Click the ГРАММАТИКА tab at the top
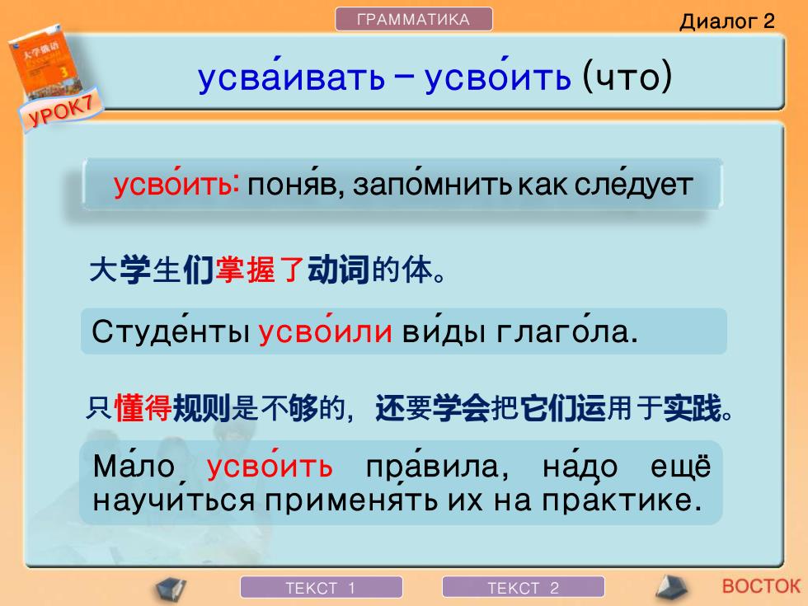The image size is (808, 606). tap(413, 20)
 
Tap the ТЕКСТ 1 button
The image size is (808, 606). tap(321, 587)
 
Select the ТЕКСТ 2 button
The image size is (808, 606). tap(523, 587)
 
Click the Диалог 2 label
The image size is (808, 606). tap(726, 21)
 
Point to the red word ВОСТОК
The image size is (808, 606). tap(761, 586)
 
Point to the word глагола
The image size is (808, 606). tap(567, 331)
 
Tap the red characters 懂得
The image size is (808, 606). tap(143, 408)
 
